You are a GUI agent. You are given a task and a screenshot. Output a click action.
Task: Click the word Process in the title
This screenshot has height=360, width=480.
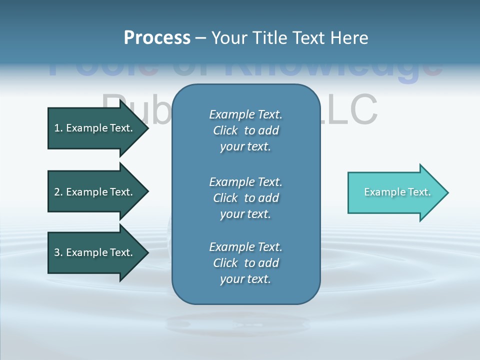coord(157,38)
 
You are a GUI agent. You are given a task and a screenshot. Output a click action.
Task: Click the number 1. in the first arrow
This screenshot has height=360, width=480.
coord(58,128)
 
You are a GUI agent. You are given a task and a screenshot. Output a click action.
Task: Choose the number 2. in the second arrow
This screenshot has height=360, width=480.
coord(58,192)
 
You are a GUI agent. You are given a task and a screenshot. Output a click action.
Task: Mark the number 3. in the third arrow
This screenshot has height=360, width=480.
coord(58,252)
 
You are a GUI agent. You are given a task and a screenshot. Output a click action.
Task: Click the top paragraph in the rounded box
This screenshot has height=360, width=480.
coord(245,130)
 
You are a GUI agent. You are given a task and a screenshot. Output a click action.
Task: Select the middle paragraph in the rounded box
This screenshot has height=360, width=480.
coord(245,198)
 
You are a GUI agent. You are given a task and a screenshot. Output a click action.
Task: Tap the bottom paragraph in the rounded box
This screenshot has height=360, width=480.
coord(245,263)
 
